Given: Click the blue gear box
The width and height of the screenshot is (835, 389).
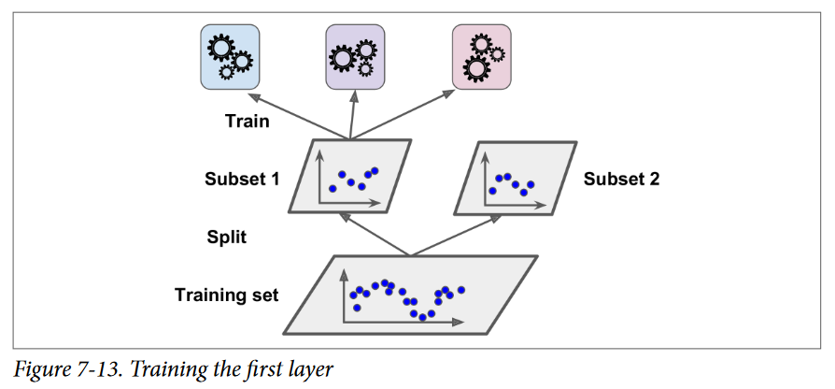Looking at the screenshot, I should point(230,57).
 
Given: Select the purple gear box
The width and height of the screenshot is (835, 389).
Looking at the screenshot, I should point(354,57).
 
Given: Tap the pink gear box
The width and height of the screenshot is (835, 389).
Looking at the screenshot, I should point(481,57).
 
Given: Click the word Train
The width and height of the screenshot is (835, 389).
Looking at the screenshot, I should point(248,121).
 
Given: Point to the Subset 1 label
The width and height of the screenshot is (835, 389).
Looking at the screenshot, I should point(242,178).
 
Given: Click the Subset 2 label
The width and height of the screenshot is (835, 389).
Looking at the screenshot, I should point(622,178).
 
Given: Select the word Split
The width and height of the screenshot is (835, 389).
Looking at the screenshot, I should point(227,237).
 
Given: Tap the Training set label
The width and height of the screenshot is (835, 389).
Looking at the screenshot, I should point(226,295).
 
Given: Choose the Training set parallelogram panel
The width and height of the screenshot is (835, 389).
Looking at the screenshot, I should point(412,295).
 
